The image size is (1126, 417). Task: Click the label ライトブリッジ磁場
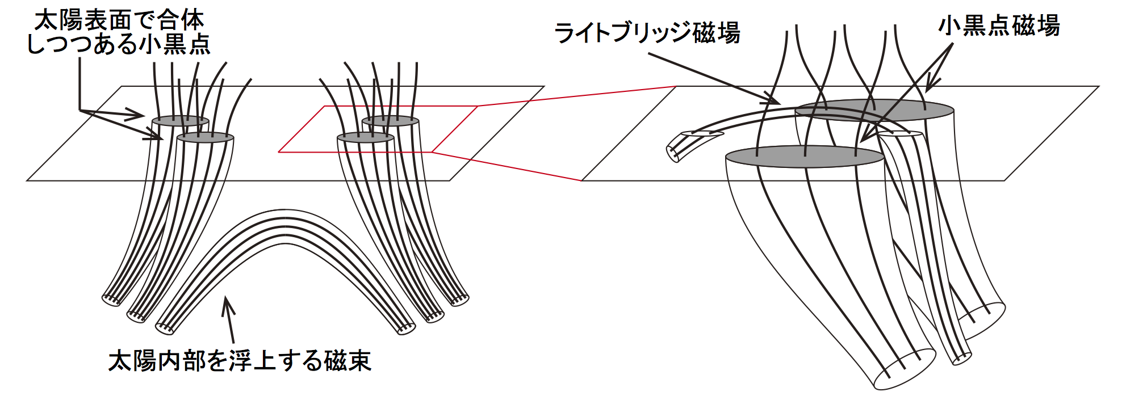click(647, 32)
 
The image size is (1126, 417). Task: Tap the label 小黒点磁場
click(999, 26)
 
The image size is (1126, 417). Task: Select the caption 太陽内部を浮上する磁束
click(240, 360)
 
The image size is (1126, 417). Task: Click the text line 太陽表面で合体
click(119, 20)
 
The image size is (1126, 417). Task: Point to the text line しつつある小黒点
click(119, 44)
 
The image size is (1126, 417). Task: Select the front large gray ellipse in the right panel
click(805, 157)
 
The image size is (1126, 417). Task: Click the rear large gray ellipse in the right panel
click(874, 110)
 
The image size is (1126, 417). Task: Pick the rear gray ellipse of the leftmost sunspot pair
click(181, 121)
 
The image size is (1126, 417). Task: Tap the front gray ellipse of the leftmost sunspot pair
click(206, 137)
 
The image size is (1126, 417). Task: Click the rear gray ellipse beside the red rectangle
click(391, 121)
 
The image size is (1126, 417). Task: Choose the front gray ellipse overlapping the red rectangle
click(366, 137)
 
